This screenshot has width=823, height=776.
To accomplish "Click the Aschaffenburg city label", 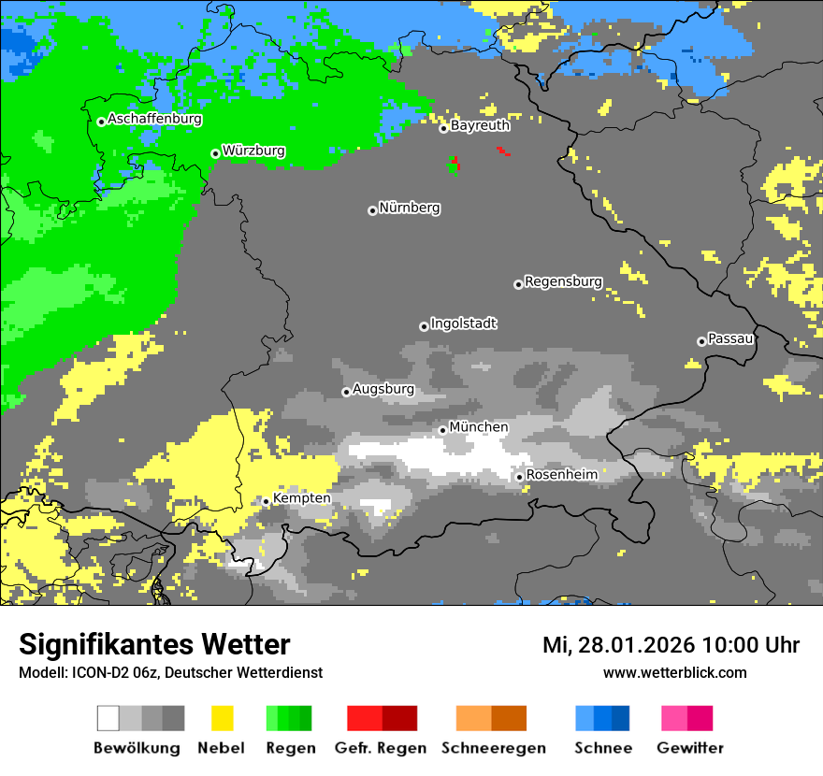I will [154, 120].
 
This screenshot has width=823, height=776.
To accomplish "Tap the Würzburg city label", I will [253, 151].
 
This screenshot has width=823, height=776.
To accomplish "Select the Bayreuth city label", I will [480, 125].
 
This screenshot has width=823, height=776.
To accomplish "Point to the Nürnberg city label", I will [410, 208].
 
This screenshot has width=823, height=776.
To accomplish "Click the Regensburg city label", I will [563, 281].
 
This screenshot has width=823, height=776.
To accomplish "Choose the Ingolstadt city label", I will [464, 323].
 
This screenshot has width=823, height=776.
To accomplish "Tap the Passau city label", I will [730, 338].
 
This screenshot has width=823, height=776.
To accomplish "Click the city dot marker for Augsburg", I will [346, 392].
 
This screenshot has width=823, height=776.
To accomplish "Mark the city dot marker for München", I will [443, 430].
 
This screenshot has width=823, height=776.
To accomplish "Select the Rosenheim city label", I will [561, 475].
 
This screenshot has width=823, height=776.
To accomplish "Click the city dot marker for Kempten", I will [266, 501].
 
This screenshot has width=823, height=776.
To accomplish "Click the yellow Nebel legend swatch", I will [223, 718].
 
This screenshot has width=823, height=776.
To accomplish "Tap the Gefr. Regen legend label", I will [381, 748].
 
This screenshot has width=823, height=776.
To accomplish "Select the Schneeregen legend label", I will [494, 748].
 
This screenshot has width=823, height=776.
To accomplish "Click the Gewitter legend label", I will [690, 748].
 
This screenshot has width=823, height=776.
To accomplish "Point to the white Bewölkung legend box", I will [108, 718].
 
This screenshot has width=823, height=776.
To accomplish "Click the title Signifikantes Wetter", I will [154, 645].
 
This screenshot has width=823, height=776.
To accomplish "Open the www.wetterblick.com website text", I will [675, 672].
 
